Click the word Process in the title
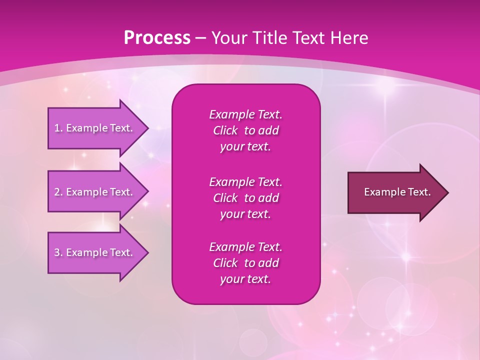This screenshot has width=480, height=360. [157, 38]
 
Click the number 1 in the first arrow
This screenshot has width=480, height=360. [57, 128]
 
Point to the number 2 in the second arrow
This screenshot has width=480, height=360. [57, 192]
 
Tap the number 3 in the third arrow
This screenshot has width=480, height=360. [57, 252]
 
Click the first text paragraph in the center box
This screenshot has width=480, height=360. [245, 130]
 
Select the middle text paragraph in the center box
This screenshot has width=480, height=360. [245, 198]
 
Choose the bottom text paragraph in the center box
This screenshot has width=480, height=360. [245, 263]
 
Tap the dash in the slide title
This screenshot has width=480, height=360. [200, 38]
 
